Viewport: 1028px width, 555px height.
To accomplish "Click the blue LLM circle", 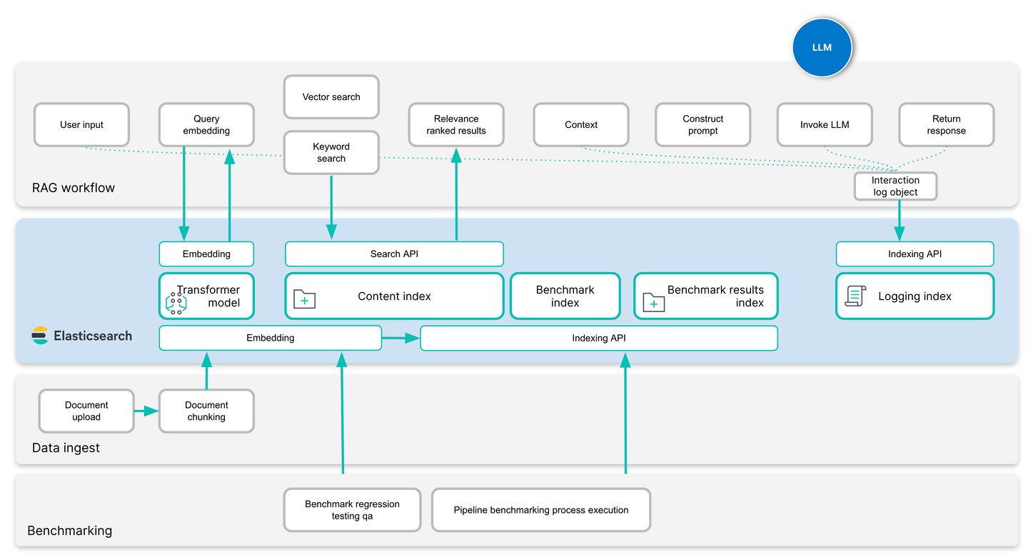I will coord(822,48).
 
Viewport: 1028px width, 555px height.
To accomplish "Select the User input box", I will coord(81,125).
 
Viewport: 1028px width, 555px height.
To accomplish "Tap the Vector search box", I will coord(331,97).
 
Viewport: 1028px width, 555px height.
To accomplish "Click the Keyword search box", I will coord(331,153).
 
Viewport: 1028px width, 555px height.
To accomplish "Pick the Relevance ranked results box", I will coord(456,125).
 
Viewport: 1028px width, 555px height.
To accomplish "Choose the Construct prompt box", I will coord(702,125).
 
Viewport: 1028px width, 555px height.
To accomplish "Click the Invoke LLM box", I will coord(824,125).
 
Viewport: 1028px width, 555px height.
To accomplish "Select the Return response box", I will coord(946,125).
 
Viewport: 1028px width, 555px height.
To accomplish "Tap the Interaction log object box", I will coord(895,186).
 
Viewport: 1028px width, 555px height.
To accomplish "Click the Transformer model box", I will coord(206,296).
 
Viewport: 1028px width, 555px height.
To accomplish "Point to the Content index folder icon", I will coord(305,299).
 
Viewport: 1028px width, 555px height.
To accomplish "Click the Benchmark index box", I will coord(565,296).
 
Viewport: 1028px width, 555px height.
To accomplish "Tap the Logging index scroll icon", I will coord(855,296).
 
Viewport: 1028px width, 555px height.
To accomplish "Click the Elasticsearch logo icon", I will coord(40,336).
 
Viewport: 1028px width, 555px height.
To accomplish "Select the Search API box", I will coord(394,254).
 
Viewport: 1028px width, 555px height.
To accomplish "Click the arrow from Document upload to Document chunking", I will coord(146,411).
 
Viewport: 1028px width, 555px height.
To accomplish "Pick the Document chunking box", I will coord(206,411).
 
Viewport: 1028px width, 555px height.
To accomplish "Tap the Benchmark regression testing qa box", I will coord(352,510).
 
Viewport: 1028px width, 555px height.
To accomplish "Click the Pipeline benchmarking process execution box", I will coord(541,510).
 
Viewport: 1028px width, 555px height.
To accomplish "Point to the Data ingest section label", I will coord(66,448).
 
